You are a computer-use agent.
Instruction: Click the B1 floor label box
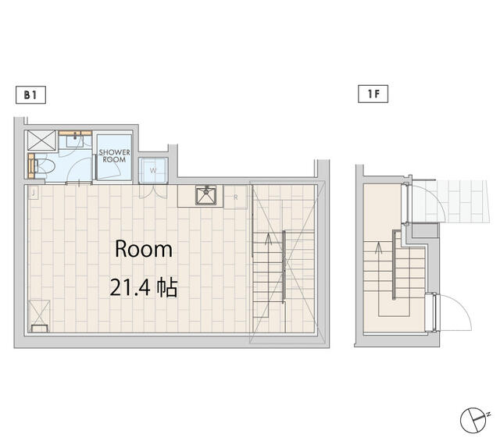(x=30, y=95)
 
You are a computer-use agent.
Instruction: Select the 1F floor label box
(x=373, y=94)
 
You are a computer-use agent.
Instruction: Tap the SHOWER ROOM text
(x=114, y=156)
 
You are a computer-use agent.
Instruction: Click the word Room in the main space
(x=144, y=249)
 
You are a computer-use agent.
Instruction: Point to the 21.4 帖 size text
(x=143, y=288)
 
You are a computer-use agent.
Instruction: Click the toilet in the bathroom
(x=45, y=166)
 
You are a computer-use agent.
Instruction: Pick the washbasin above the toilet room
(x=75, y=140)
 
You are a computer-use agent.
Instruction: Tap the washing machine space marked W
(x=153, y=170)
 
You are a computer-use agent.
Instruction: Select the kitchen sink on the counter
(x=205, y=195)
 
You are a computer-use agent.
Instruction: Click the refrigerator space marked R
(x=235, y=197)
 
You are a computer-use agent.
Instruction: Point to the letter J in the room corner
(x=33, y=193)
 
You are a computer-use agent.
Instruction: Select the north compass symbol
(x=473, y=420)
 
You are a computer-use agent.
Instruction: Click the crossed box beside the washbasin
(x=41, y=140)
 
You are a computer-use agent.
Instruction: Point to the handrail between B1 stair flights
(x=284, y=267)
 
